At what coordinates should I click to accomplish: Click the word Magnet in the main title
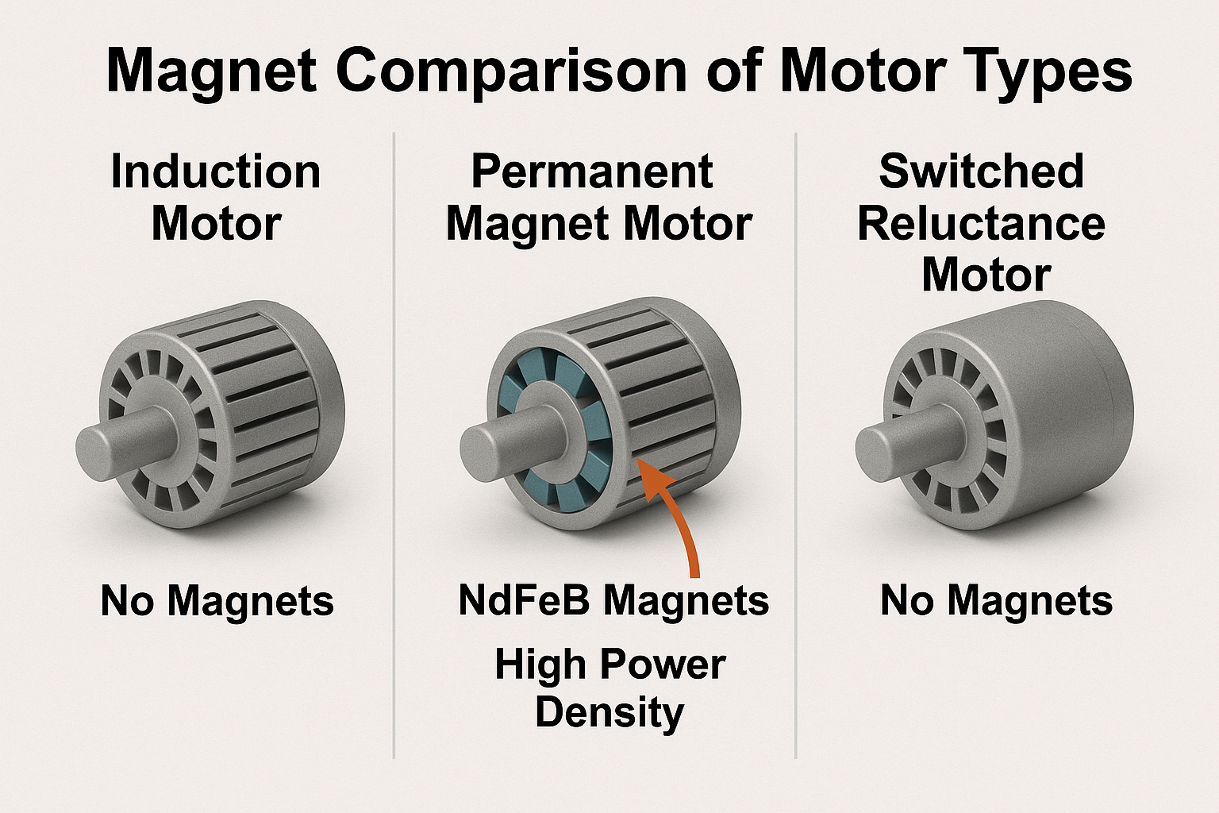211,71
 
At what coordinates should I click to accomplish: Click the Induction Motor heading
216,198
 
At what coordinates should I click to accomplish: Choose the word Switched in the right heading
981,171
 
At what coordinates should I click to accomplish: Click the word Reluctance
981,224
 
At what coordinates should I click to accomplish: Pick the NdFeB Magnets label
613,601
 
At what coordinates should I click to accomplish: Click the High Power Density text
609,688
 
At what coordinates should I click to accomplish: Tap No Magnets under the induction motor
217,601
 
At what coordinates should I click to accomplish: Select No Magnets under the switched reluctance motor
996,601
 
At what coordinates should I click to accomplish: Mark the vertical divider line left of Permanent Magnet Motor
394,445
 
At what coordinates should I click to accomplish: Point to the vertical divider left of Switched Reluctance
795,445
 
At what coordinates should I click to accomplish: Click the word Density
609,712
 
